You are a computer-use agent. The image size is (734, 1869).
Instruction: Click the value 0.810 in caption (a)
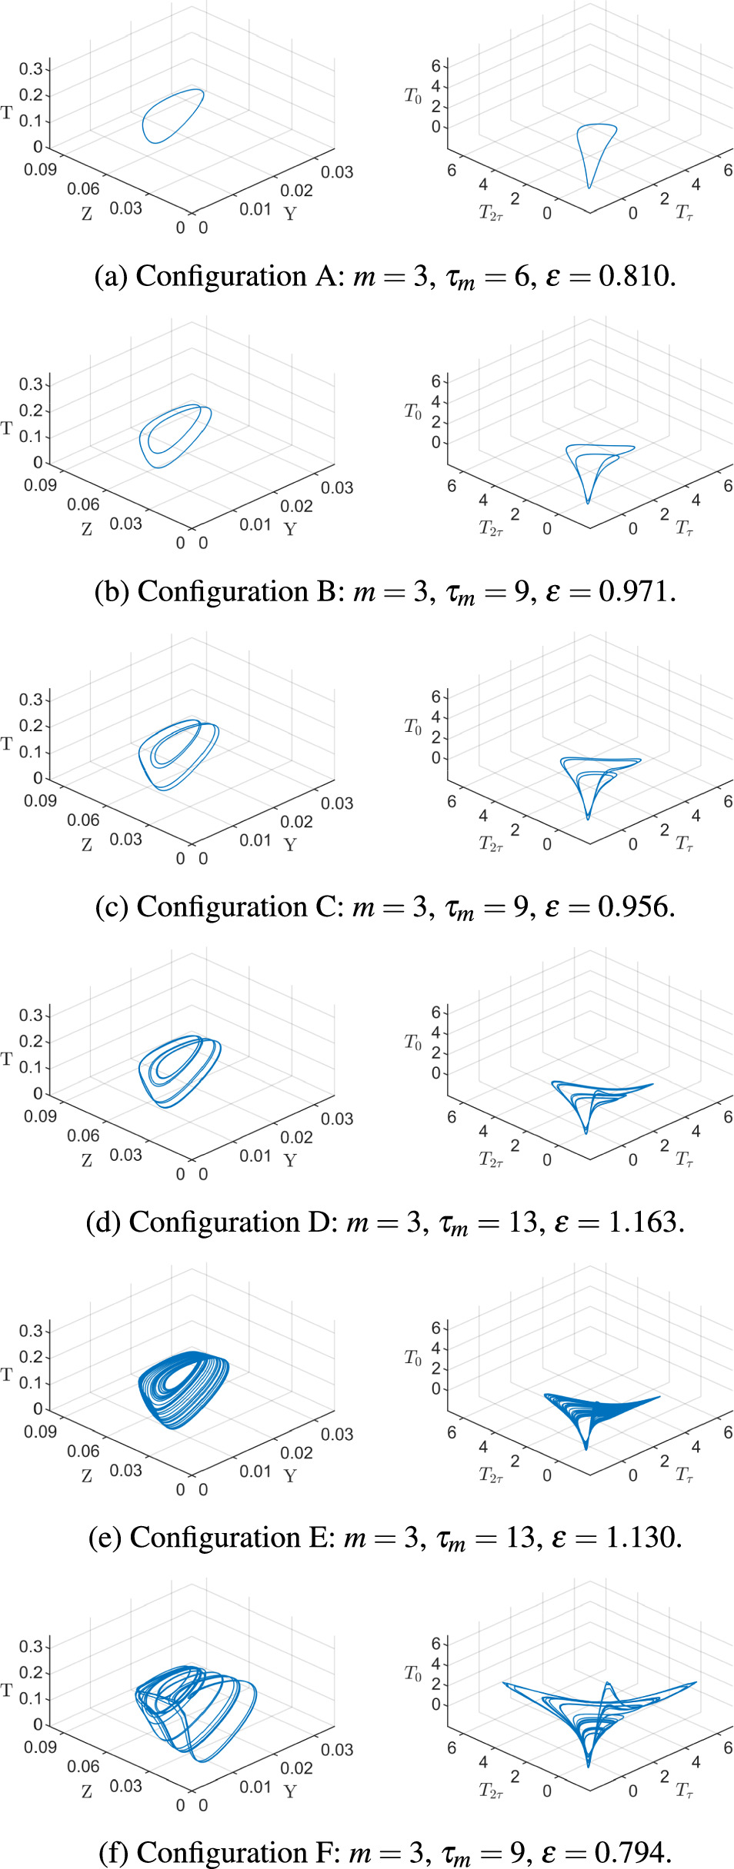[x=636, y=277]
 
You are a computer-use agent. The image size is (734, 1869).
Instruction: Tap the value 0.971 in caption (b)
[x=636, y=592]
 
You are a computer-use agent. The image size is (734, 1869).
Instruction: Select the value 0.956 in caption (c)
[x=635, y=907]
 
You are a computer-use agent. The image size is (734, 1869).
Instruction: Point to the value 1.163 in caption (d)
[x=645, y=1222]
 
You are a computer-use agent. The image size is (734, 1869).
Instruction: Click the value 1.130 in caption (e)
[x=642, y=1538]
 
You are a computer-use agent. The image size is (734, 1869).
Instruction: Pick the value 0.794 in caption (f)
[x=632, y=1853]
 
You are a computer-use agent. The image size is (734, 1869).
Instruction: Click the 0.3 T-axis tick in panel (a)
[x=31, y=69]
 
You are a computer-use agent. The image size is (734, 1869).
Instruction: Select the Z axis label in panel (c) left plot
[x=87, y=845]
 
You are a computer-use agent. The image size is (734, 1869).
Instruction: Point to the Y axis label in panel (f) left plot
[x=290, y=1791]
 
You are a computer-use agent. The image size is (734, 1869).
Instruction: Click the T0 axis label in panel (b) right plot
[x=413, y=411]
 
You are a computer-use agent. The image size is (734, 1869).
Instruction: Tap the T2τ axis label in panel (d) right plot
[x=491, y=1159]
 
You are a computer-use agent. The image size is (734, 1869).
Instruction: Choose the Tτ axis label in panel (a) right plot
[x=684, y=212]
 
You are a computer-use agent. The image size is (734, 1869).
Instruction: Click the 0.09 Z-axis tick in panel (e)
[x=40, y=1432]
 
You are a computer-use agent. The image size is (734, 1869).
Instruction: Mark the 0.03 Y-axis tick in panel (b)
[x=337, y=487]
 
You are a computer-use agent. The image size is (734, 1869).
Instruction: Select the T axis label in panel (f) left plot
[x=7, y=1690]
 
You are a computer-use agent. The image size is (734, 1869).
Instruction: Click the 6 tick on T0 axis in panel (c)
[x=436, y=697]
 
